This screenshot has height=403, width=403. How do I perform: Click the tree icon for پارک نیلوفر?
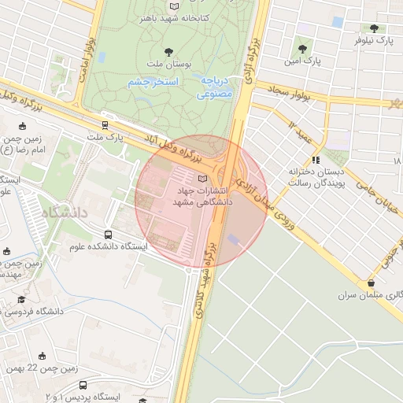[x=372, y=28]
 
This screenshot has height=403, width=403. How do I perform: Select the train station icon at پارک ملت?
[x=105, y=124]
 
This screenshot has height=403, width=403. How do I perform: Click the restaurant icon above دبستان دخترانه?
[x=316, y=160]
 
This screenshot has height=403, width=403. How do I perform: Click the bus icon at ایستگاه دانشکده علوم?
[x=108, y=235]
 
